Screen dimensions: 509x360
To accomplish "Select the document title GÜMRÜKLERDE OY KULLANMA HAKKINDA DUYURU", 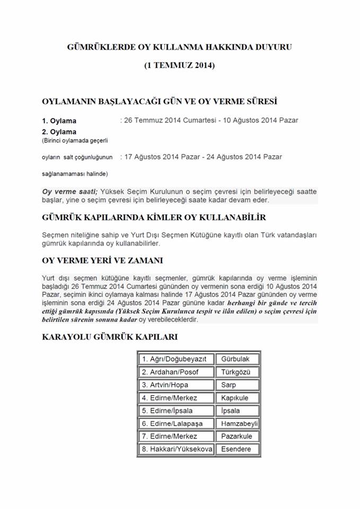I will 180,47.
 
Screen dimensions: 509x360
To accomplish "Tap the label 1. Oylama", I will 59,121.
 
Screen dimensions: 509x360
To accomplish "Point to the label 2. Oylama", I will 59,131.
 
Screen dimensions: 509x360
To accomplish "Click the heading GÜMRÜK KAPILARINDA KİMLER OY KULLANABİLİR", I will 154,217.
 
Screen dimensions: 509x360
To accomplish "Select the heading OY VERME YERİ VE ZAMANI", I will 102,260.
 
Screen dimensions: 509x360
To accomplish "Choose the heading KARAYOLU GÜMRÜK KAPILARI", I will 109,337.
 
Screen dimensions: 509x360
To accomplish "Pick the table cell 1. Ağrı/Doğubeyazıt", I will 176,359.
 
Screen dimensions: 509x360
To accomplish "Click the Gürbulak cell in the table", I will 237,359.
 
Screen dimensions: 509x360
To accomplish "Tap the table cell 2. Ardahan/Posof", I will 176,372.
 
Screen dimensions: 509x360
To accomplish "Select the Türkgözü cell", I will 237,372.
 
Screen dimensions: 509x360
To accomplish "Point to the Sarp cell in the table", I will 237,385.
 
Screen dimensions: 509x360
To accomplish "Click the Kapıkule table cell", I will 237,398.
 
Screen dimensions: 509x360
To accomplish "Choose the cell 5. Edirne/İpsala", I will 176,411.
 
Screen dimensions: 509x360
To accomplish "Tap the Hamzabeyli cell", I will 237,424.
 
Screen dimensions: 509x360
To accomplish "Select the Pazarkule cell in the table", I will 237,436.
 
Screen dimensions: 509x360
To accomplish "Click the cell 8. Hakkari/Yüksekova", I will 176,449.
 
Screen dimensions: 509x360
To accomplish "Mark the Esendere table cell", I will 237,449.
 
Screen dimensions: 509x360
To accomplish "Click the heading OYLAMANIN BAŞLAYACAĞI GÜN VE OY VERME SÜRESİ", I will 160,101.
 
